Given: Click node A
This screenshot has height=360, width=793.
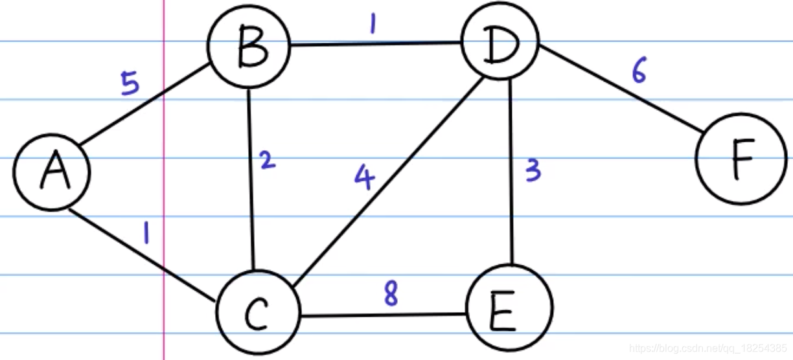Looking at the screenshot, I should [52, 172].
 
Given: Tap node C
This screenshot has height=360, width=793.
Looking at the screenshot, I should [258, 314].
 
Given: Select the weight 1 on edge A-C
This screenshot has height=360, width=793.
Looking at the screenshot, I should [146, 232].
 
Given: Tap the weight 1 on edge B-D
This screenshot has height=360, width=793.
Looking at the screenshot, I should [373, 24].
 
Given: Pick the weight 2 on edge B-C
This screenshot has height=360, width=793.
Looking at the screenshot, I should [266, 159].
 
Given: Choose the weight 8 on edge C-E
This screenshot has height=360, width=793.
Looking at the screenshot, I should [390, 295].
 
